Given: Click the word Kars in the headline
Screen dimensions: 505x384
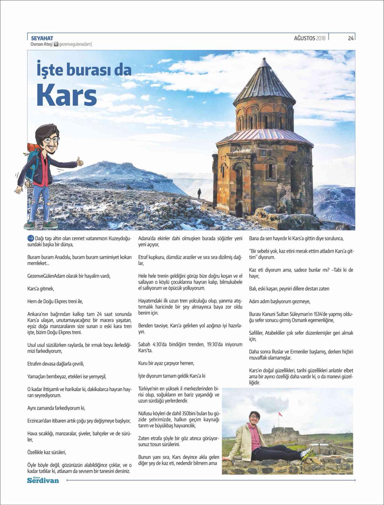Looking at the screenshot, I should pos(67,95).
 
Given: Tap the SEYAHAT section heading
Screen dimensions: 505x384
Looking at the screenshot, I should pos(42,39).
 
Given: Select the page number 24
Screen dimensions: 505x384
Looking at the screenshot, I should pos(351,39).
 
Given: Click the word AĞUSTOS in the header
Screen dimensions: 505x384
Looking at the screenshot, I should pos(304,39).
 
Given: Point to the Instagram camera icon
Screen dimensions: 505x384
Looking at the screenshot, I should pos(56,45).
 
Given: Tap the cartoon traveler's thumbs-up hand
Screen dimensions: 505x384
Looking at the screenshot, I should pos(80,162).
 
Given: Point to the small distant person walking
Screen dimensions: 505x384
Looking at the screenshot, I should pos(199,193).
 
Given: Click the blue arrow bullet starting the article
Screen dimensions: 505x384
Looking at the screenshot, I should pos(31,238).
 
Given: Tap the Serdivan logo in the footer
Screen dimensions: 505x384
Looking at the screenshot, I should pos(43,480).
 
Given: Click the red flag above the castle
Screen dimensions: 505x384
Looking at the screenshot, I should pos(279,414).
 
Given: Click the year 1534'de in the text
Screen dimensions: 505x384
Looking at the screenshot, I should pos(322,314).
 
